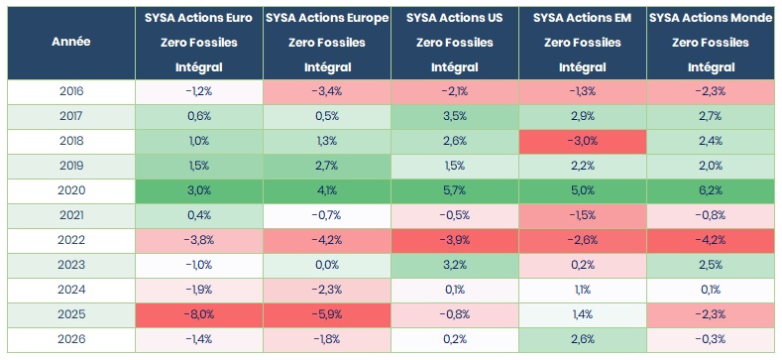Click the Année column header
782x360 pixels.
[x=71, y=43]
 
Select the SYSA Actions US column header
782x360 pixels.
[x=455, y=43]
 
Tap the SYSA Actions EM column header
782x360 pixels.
[x=583, y=43]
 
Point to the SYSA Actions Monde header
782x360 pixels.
[x=712, y=43]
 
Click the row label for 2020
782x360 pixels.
[x=71, y=190]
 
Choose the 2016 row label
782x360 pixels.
[x=71, y=92]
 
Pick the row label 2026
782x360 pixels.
[x=71, y=339]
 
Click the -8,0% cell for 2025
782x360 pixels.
[x=199, y=315]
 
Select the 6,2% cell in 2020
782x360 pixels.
[x=712, y=190]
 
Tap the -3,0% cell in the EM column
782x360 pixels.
[x=583, y=141]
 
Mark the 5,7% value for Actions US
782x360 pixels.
[x=455, y=190]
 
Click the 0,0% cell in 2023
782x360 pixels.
[x=327, y=265]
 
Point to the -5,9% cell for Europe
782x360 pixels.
[x=327, y=315]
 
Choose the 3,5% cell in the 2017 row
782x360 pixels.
[x=455, y=117]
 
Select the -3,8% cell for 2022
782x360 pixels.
[x=199, y=241]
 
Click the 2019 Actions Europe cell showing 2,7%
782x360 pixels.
[x=327, y=167]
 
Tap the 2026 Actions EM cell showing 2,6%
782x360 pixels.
[x=583, y=339]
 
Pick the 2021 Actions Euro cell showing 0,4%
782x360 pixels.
[x=199, y=215]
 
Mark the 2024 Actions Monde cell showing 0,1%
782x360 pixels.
[x=712, y=291]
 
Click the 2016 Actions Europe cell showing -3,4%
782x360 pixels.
[x=327, y=92]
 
